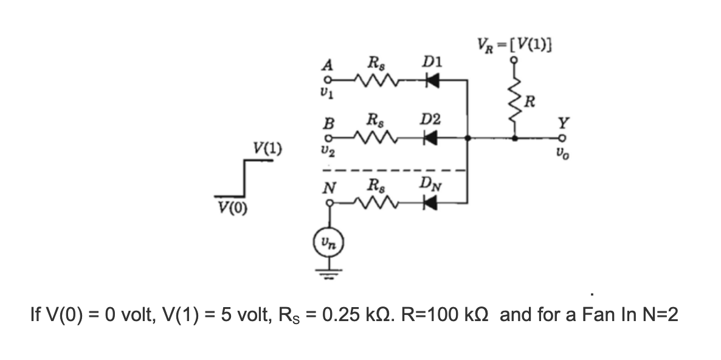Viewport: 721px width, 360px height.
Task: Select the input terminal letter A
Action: click(x=329, y=65)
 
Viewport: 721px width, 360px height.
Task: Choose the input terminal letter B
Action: click(x=329, y=124)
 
